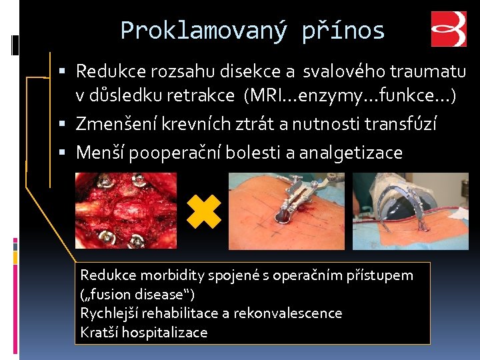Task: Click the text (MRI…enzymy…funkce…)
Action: (351, 97)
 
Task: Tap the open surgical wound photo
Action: (125, 211)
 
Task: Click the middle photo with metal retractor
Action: (286, 211)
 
